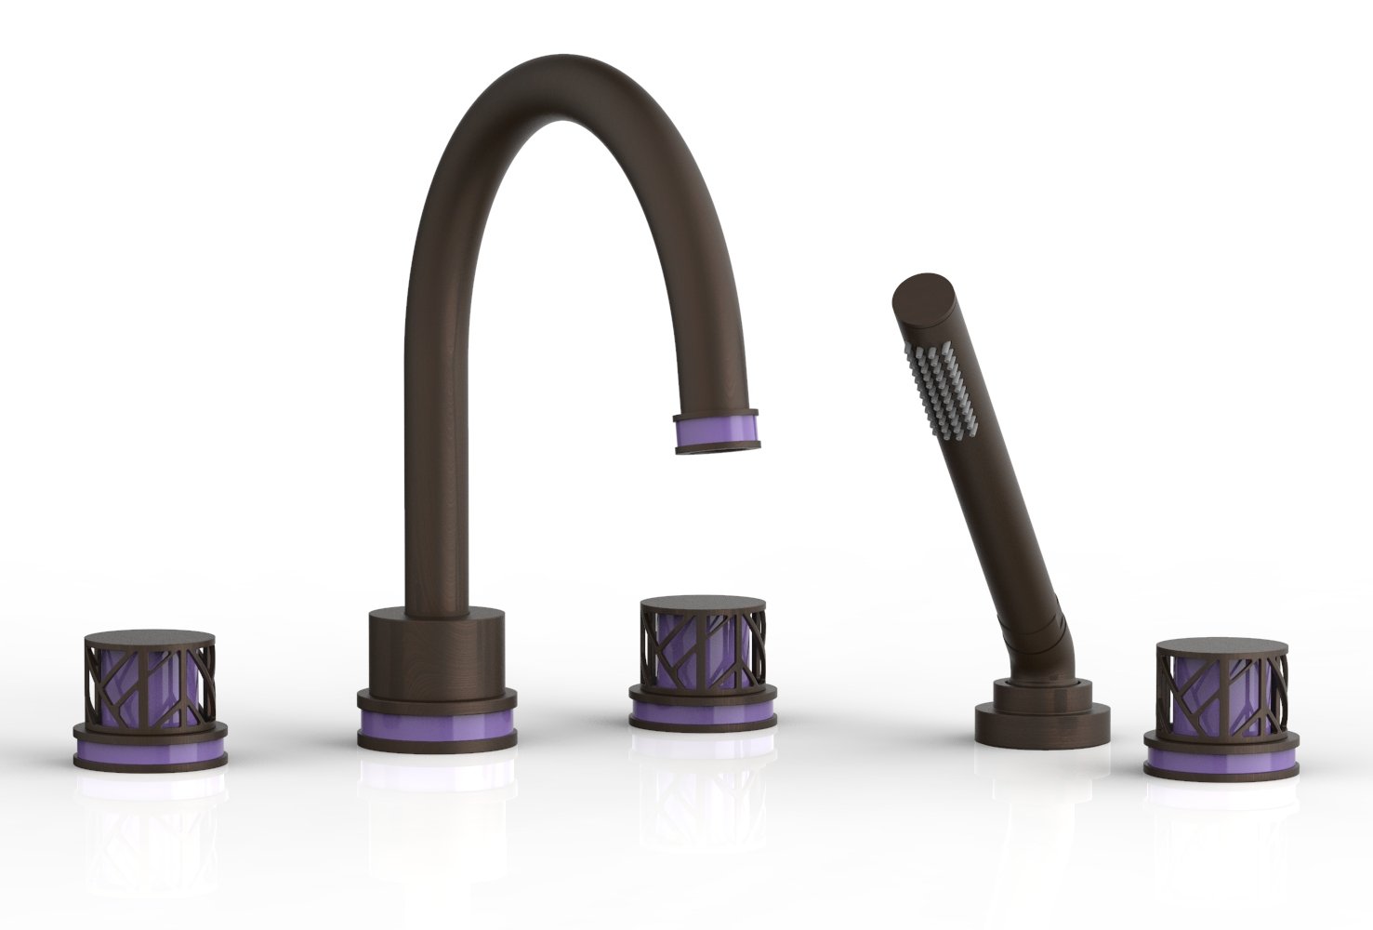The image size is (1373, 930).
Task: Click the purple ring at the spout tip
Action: pyautogui.click(x=717, y=429)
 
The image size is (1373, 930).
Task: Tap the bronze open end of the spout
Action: pyautogui.click(x=717, y=449)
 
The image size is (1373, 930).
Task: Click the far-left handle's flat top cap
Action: pyautogui.click(x=150, y=639)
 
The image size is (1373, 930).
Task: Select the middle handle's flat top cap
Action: pyautogui.click(x=703, y=602)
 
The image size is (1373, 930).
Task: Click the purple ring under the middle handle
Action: pyautogui.click(x=703, y=712)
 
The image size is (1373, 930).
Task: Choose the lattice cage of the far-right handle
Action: pyautogui.click(x=1221, y=692)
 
